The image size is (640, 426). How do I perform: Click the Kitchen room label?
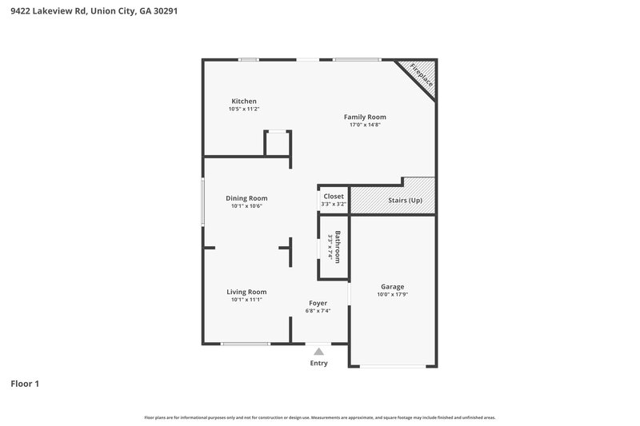click(x=244, y=102)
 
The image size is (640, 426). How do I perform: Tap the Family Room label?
click(x=365, y=117)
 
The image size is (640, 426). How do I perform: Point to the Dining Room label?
click(x=246, y=198)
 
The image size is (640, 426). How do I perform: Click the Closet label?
click(x=334, y=196)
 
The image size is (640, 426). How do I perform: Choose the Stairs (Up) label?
click(x=404, y=200)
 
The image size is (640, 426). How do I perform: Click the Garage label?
click(x=392, y=286)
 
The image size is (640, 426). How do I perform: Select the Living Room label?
click(x=246, y=292)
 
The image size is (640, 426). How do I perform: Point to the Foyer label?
click(x=318, y=303)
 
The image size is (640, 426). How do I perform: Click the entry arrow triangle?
click(x=318, y=351)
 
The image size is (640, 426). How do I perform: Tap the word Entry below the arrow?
click(x=318, y=364)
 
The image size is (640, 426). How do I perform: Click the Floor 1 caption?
click(x=25, y=384)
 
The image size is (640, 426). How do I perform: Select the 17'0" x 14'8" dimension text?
click(x=365, y=125)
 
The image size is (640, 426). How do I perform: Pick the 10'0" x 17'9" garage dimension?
click(x=392, y=294)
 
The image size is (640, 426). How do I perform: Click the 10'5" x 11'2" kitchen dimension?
click(x=244, y=109)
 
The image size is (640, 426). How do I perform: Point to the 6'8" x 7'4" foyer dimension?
click(x=318, y=311)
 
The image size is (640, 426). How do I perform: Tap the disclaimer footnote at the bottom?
click(x=319, y=417)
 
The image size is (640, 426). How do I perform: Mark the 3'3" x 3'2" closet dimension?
click(x=334, y=204)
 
